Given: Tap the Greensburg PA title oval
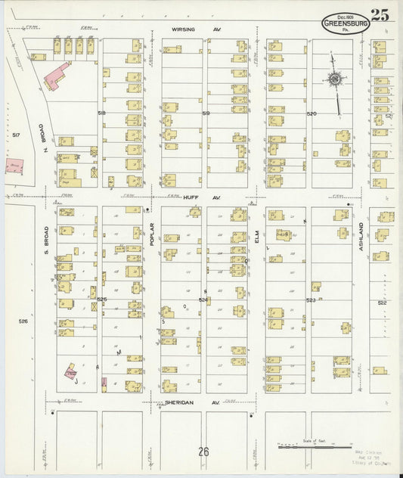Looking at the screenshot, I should [346, 23].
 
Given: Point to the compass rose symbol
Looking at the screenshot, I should [333, 78].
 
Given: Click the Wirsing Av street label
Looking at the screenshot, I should [184, 30].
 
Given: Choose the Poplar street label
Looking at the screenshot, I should [152, 234].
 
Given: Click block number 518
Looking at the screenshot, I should [101, 112].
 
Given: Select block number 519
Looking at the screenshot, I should [206, 113].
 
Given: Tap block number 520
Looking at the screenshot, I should [310, 113].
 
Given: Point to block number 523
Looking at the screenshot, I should [310, 300].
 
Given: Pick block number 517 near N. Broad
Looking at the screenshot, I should [17, 135].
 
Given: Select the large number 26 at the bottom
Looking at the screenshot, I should [203, 452].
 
